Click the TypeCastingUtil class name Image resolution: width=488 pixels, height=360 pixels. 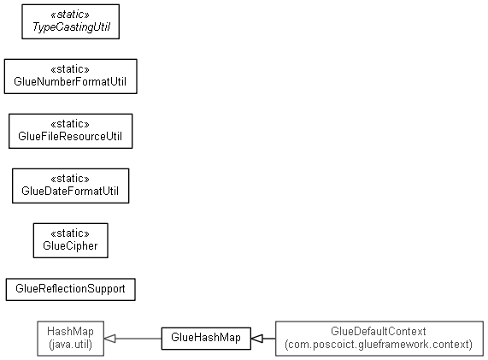pyautogui.click(x=71, y=27)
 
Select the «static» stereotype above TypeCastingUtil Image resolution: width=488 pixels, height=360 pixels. pyautogui.click(x=70, y=15)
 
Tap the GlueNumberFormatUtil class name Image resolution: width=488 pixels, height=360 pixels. pyautogui.click(x=70, y=81)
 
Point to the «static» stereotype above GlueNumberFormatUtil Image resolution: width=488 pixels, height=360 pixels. pyautogui.click(x=70, y=68)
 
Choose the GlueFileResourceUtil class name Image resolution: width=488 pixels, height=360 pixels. pyautogui.click(x=70, y=137)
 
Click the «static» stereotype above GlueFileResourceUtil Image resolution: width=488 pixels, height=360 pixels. pyautogui.click(x=70, y=124)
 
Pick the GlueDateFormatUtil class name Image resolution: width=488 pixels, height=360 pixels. pyautogui.click(x=70, y=191)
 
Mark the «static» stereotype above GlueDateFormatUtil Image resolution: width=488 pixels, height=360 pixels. pyautogui.click(x=70, y=179)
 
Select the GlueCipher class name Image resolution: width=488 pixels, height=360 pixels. pyautogui.click(x=70, y=246)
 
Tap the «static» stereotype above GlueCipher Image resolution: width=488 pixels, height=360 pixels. pyautogui.click(x=70, y=233)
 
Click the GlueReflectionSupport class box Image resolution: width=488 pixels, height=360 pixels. pyautogui.click(x=71, y=290)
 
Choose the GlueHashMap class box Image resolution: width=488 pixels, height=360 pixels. pyautogui.click(x=206, y=339)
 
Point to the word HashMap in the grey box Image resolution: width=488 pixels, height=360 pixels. pyautogui.click(x=70, y=331)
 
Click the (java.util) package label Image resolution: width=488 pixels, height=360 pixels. pyautogui.click(x=70, y=345)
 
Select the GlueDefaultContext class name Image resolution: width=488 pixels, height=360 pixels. pyautogui.click(x=379, y=331)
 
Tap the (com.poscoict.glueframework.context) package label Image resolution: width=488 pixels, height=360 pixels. pyautogui.click(x=379, y=345)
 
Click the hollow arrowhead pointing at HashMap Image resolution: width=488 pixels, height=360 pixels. pyautogui.click(x=109, y=339)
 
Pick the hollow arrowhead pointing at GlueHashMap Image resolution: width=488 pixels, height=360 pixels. pyautogui.click(x=257, y=339)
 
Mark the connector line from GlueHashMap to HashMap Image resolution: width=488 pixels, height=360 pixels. pyautogui.click(x=138, y=339)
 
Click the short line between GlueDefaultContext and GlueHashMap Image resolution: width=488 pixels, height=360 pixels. pyautogui.click(x=269, y=339)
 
